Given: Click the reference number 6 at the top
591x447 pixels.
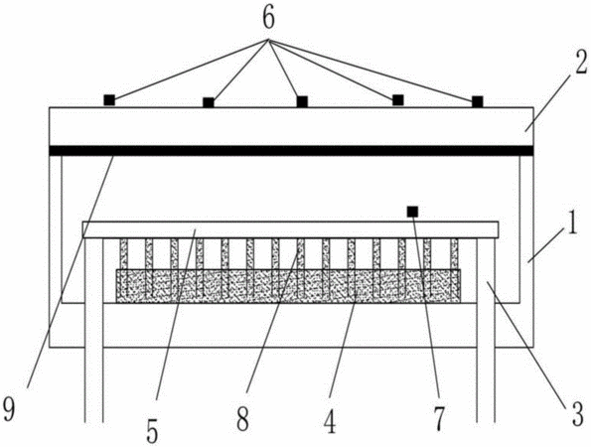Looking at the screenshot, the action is point(268,19).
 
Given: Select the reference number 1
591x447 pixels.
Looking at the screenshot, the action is point(572,224).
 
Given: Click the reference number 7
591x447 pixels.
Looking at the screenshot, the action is point(439,419).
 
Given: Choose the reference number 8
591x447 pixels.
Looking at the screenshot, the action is point(243,419).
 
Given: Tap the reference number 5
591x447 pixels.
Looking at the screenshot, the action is point(152,432).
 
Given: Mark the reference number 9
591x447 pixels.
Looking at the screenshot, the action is point(8,409).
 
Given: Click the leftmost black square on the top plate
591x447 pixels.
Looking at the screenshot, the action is point(109,100).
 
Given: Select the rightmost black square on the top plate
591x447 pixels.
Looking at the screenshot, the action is point(478,101).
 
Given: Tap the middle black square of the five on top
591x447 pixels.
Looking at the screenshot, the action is point(302,101).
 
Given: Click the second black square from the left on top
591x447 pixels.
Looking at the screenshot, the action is point(209,102).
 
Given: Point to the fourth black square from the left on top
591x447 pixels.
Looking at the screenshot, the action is point(398,100).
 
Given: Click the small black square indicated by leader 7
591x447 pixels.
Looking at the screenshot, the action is point(413,212).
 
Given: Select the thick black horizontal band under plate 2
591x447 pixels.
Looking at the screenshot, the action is point(291,151).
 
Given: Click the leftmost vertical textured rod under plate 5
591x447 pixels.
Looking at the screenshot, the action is point(123,267).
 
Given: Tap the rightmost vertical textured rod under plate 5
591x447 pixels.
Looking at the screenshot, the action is point(454,267).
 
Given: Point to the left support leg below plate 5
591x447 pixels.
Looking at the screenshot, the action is point(93,330).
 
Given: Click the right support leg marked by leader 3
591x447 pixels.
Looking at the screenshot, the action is point(486,330).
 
